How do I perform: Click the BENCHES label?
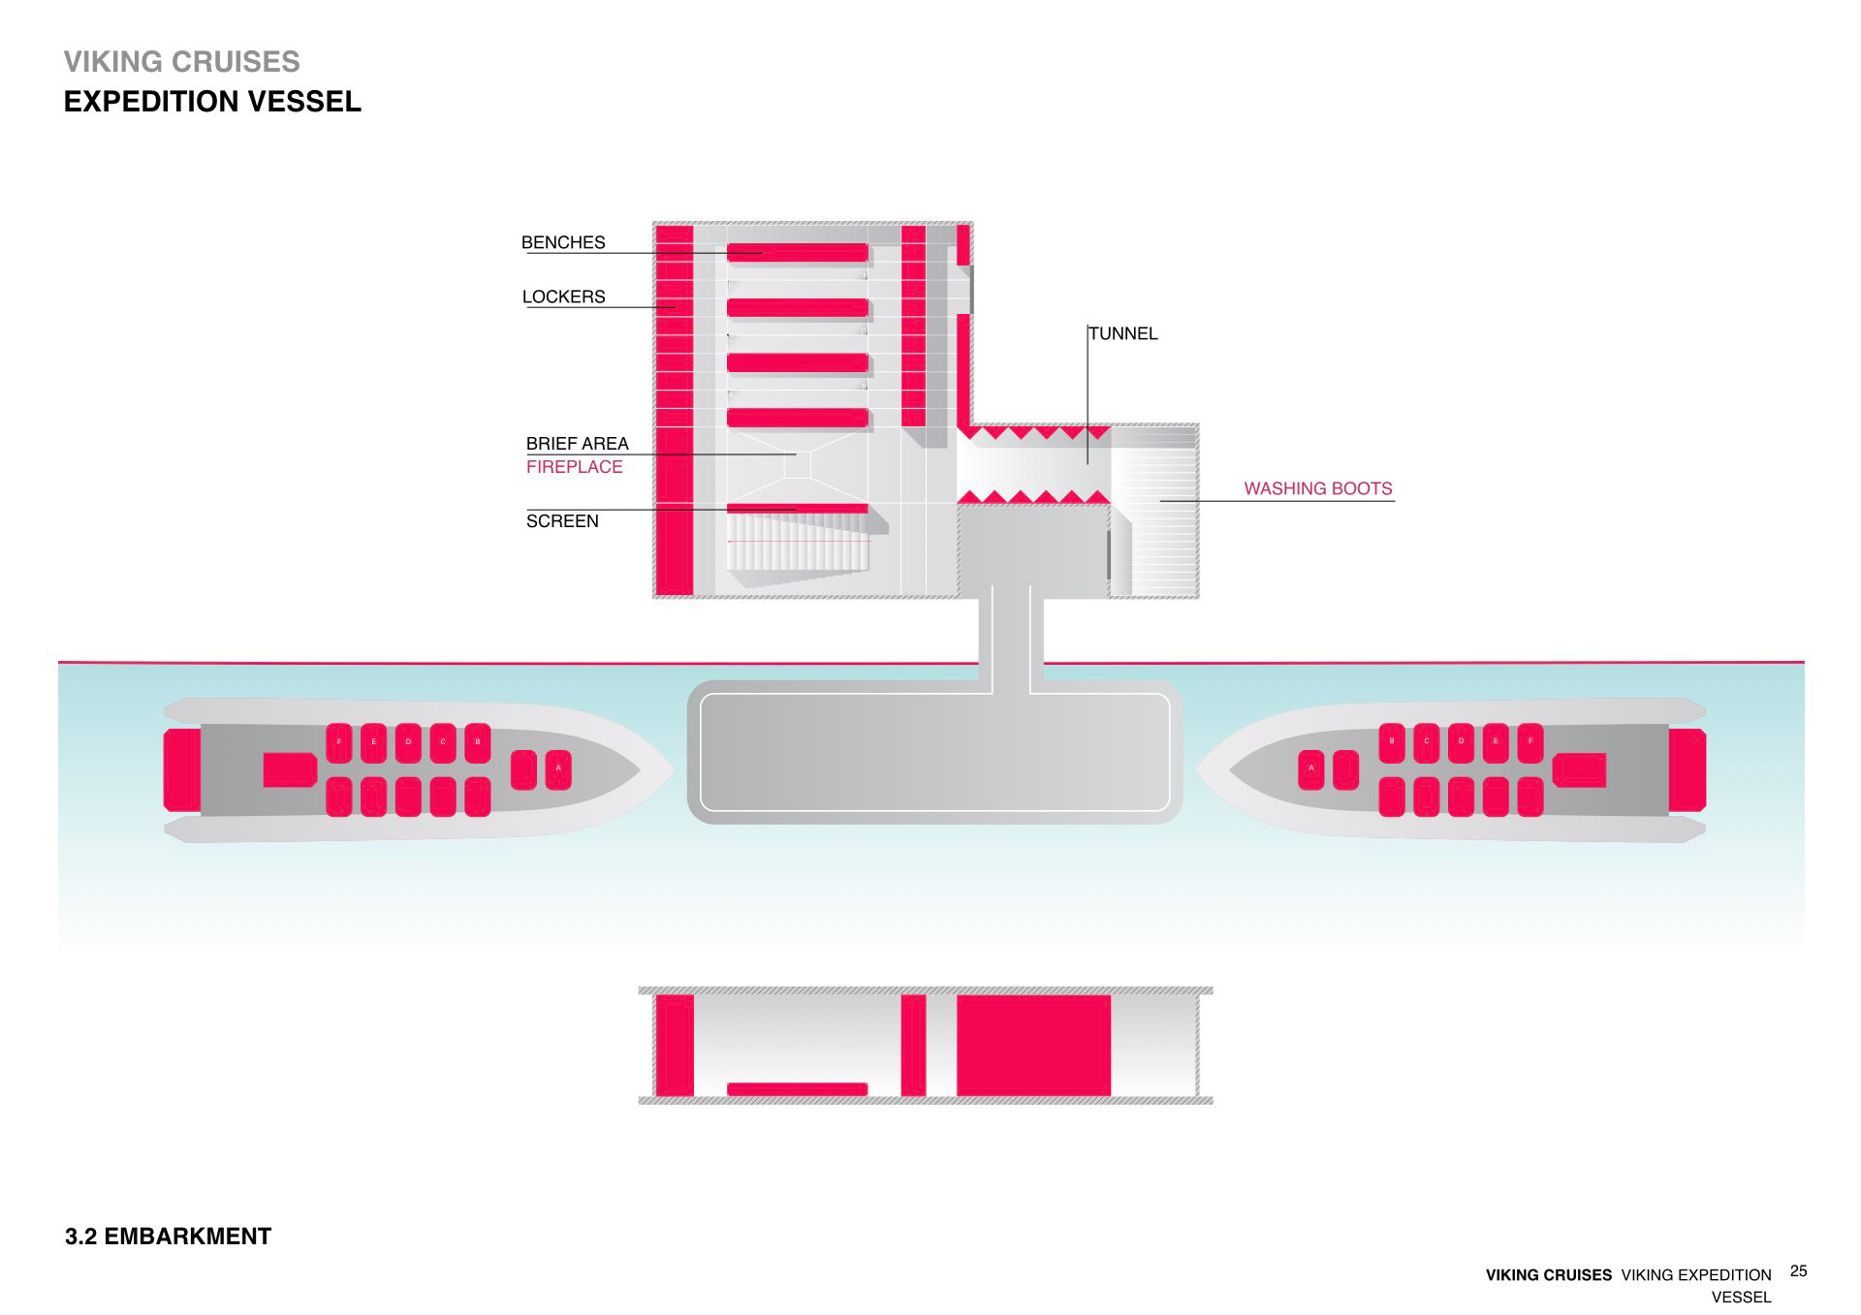563,242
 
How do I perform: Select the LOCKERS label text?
563,297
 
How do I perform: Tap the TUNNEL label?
1123,333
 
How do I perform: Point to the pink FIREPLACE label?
574,467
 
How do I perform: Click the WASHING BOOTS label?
1317,488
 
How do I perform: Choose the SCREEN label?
562,521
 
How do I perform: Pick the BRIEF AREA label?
577,444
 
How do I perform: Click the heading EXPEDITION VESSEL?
212,102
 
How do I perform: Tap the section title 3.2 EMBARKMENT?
168,1237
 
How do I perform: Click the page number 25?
1799,1271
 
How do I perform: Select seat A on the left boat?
558,769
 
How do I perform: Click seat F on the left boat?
339,742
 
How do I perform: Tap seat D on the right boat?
1461,742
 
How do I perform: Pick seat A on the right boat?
1311,769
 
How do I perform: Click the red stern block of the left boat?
182,769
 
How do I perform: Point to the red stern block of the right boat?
1688,769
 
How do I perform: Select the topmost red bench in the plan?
797,253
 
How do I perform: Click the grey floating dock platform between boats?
934,752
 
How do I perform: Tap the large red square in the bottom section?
1033,1045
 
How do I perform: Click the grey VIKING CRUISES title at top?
182,62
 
